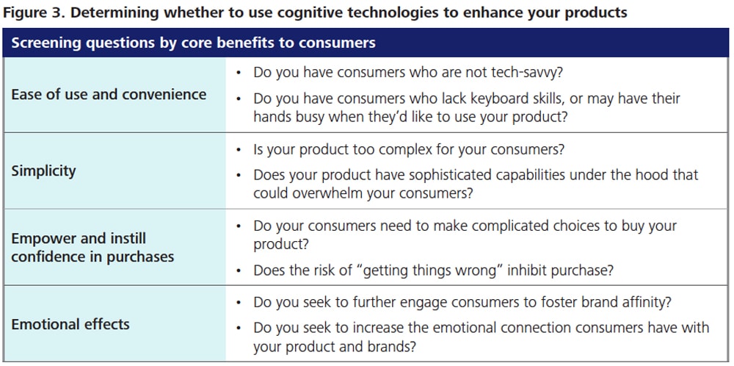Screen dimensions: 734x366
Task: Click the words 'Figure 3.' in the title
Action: point(34,12)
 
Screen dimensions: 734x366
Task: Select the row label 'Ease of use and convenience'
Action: point(109,94)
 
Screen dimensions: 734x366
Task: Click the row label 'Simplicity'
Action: point(43,171)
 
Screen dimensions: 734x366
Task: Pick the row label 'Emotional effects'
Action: point(70,324)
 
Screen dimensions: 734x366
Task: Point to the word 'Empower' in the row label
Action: point(42,239)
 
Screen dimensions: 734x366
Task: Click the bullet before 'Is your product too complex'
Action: point(239,151)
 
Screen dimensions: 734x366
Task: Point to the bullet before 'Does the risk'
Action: point(239,270)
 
